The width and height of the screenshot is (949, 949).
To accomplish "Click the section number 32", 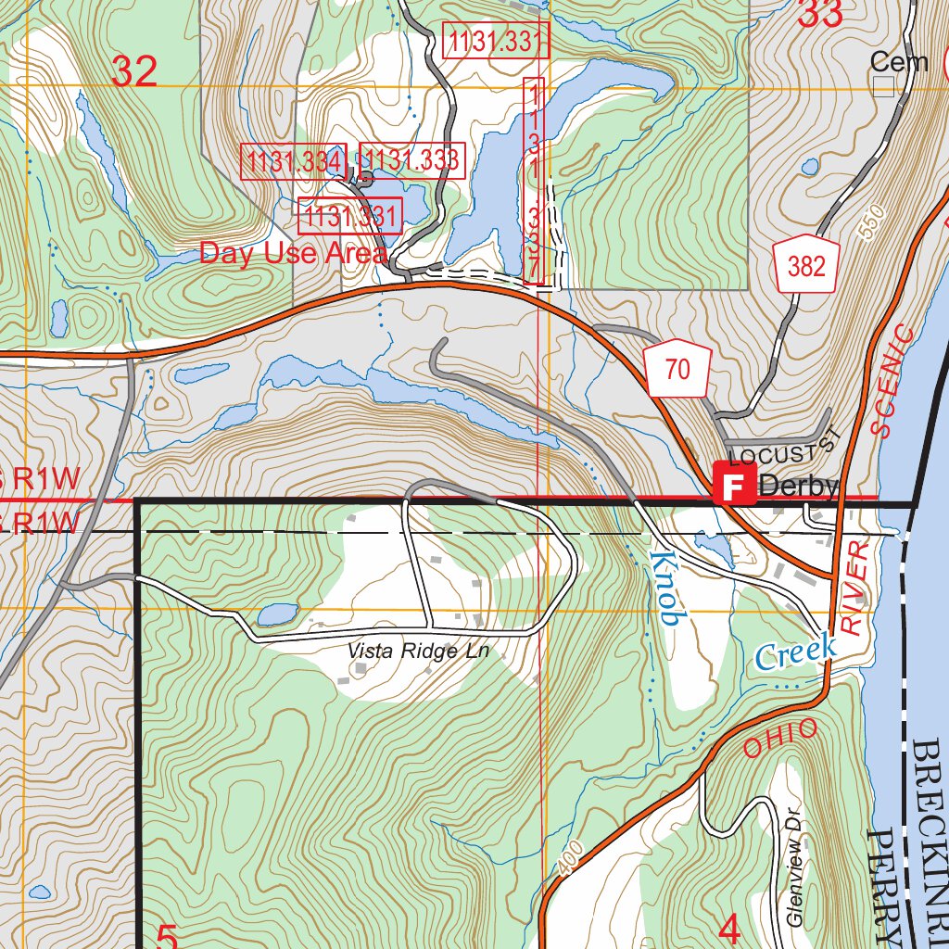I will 134,72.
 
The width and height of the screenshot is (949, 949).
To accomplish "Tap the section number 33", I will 820,14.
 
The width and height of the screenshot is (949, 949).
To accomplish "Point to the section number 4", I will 729,930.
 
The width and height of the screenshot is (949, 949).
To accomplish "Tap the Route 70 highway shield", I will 677,370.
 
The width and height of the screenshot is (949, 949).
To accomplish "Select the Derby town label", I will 798,486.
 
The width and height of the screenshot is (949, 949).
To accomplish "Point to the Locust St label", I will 783,451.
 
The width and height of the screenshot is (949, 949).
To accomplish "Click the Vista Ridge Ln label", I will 418,652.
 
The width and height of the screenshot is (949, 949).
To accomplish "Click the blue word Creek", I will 794,652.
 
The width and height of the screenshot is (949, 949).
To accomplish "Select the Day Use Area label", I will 293,253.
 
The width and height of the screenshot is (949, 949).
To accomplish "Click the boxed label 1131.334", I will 294,161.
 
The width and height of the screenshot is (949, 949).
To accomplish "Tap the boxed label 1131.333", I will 410,160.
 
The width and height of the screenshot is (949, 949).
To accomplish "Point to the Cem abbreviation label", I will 899,62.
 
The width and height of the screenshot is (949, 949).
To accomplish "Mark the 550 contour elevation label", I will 872,223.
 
